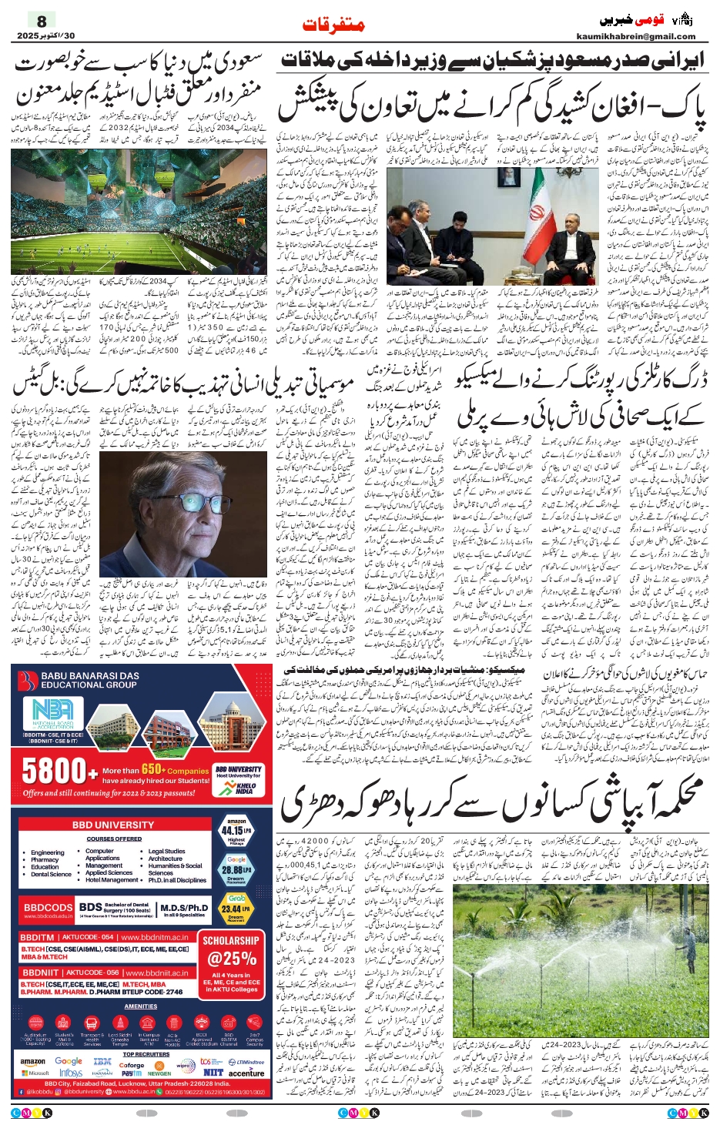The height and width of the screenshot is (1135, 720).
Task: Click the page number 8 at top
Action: click(x=42, y=22)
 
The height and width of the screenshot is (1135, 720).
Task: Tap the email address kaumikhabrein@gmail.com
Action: click(x=635, y=36)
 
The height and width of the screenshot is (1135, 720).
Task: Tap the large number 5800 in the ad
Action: click(x=54, y=771)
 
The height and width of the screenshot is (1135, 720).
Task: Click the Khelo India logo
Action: click(x=244, y=787)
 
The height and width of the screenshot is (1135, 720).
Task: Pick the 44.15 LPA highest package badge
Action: click(x=236, y=832)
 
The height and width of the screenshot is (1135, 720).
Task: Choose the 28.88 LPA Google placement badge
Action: click(x=236, y=868)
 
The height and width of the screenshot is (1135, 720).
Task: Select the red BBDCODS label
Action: click(x=48, y=908)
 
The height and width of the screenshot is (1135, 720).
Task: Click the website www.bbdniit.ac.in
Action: click(x=155, y=973)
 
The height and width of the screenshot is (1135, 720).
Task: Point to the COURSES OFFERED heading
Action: click(x=114, y=839)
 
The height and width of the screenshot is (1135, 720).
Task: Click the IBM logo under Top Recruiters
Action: click(x=102, y=1062)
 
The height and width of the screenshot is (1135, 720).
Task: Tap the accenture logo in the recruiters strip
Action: click(x=246, y=1073)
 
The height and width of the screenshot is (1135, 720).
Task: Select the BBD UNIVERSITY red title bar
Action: click(x=114, y=825)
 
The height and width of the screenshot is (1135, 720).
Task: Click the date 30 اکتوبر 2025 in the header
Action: click(x=46, y=35)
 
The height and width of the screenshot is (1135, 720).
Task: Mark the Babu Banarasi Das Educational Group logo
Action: click(x=28, y=680)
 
